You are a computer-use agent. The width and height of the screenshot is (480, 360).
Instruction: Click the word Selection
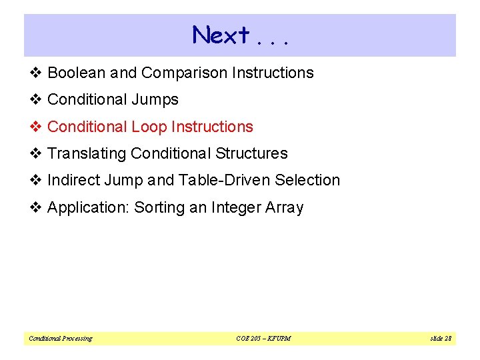(x=309, y=181)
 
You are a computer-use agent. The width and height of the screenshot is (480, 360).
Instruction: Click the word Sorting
(x=159, y=208)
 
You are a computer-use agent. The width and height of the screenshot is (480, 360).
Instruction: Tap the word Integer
(x=233, y=208)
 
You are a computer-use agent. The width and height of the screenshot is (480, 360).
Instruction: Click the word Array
(x=283, y=208)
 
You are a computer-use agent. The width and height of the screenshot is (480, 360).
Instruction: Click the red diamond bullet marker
(x=36, y=127)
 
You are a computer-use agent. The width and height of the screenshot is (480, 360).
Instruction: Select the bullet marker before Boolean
(x=36, y=73)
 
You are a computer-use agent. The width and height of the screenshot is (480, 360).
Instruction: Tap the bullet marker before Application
(x=36, y=208)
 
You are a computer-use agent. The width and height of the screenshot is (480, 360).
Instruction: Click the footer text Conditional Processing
(x=61, y=339)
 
